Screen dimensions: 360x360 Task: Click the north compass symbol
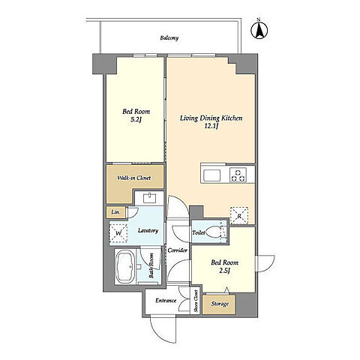259,29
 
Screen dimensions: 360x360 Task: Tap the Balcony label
169,38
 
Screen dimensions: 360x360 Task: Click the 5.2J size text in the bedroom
136,120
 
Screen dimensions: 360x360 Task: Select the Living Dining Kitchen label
211,118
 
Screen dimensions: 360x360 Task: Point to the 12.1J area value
211,126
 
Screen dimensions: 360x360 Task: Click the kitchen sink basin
212,175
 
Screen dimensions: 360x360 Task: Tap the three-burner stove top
238,175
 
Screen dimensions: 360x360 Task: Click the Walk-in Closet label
134,178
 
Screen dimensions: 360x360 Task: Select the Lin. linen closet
115,212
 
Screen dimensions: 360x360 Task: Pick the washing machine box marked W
118,233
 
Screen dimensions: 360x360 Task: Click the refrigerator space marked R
239,215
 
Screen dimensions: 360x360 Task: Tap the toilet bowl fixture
213,232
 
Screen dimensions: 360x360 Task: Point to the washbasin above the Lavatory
150,198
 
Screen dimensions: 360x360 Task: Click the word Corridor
178,250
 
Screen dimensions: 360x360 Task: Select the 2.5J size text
224,271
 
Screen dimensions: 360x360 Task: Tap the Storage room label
220,304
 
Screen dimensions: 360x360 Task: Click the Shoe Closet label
196,301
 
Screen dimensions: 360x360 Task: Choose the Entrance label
166,301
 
